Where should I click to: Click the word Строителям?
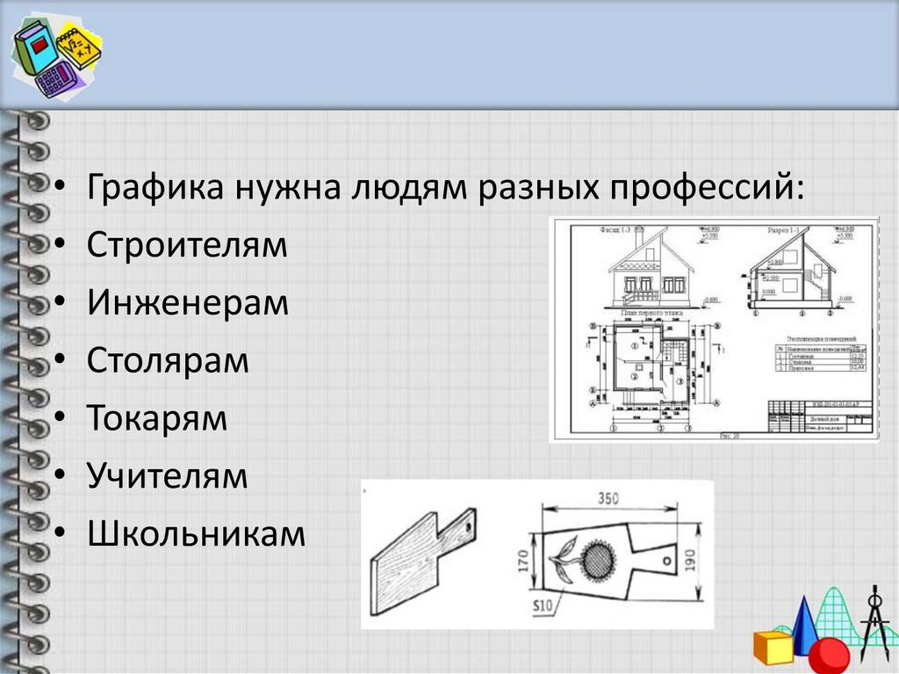pyautogui.click(x=187, y=245)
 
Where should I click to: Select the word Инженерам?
pyautogui.click(x=188, y=303)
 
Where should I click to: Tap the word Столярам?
pyautogui.click(x=168, y=361)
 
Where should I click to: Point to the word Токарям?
pyautogui.click(x=157, y=419)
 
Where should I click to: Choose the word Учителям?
pyautogui.click(x=168, y=477)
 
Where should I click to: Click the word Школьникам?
pyautogui.click(x=196, y=534)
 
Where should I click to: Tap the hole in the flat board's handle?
pyautogui.click(x=667, y=559)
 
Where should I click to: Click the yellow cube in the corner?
pyautogui.click(x=772, y=646)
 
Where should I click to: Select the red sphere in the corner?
pyautogui.click(x=828, y=655)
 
